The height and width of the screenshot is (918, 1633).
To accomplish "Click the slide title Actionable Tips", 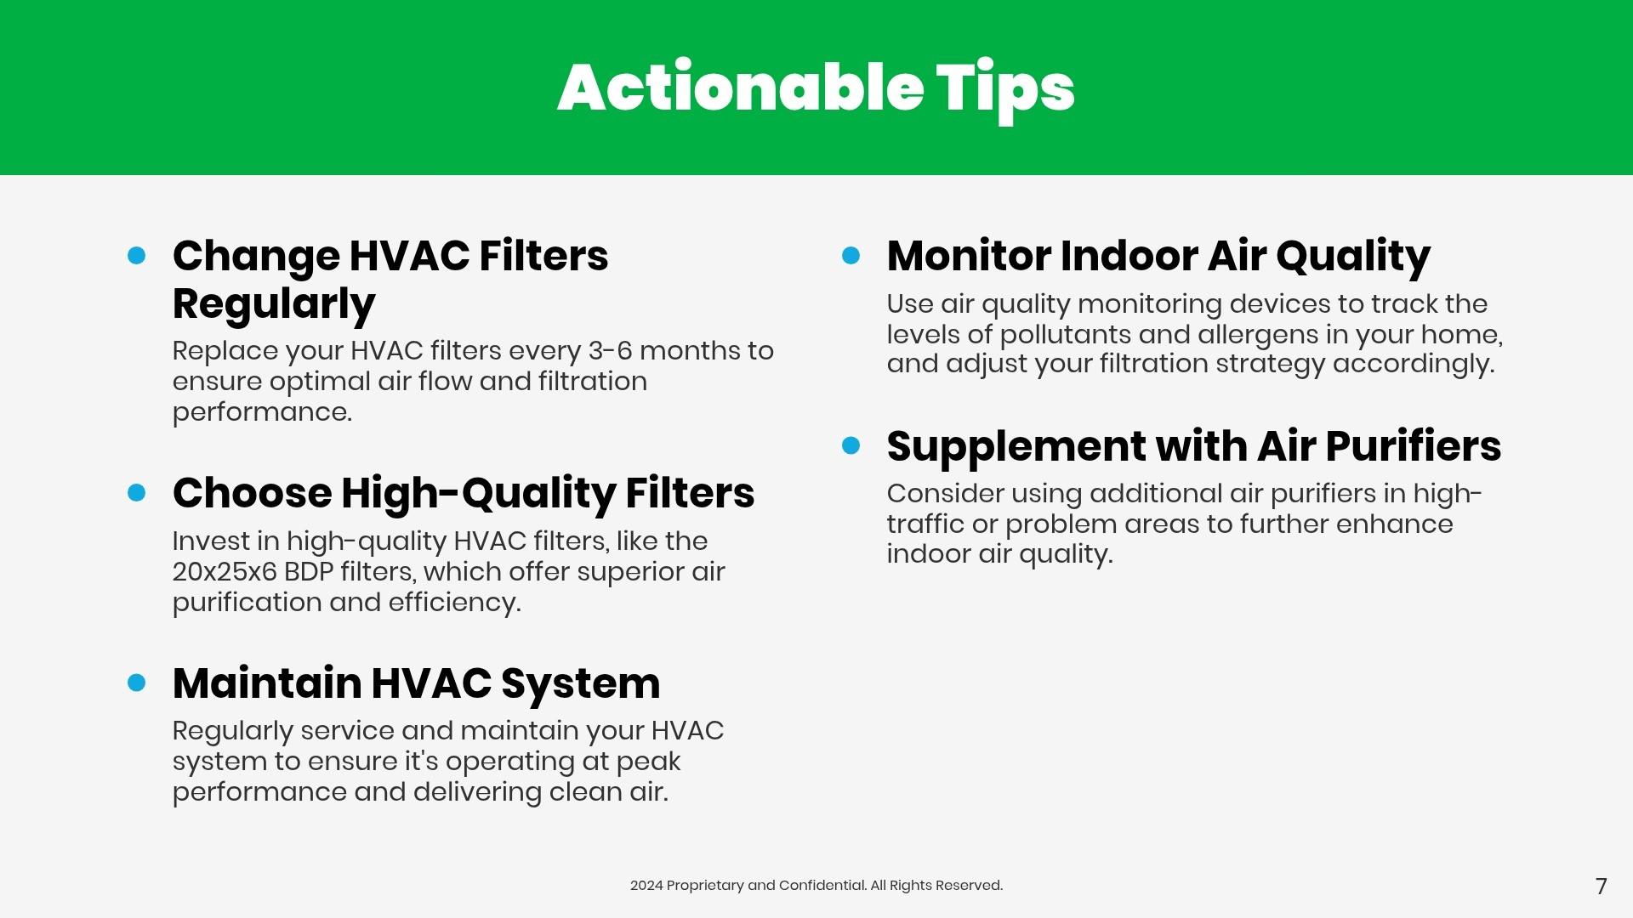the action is (x=816, y=88).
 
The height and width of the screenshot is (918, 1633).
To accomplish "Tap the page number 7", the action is (x=1601, y=887).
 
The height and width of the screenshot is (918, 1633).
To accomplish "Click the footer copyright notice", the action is (x=816, y=886).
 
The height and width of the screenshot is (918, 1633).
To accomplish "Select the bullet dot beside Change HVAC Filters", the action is (x=136, y=255).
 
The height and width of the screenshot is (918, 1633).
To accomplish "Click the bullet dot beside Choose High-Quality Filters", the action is (x=136, y=492).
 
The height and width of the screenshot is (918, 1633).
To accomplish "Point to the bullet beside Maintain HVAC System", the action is (x=136, y=683).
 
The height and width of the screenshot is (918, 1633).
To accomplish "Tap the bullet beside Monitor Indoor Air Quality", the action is (x=851, y=255).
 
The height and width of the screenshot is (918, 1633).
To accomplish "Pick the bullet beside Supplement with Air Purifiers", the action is (x=851, y=445).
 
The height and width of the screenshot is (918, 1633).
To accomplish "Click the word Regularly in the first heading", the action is (x=274, y=304).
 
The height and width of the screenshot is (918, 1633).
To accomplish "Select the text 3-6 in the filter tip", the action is (x=610, y=350).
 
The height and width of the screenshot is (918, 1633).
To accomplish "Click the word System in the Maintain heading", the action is (x=580, y=684).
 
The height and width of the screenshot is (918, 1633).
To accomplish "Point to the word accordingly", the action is (x=1414, y=365).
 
